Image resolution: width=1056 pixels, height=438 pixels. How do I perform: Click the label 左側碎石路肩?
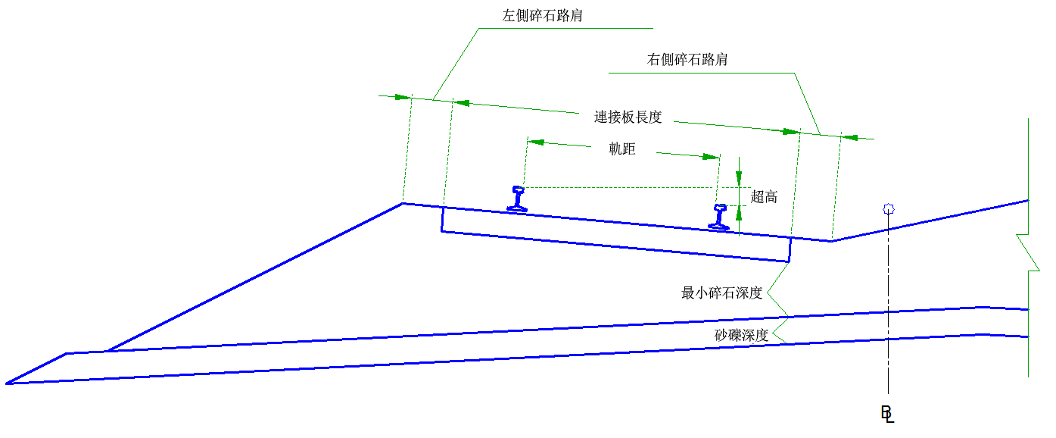(x=542, y=16)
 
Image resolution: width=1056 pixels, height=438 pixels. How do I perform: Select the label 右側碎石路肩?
(x=687, y=59)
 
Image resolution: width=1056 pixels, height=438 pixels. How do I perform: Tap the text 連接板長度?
(x=628, y=117)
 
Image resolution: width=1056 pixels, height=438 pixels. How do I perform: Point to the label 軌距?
(x=622, y=149)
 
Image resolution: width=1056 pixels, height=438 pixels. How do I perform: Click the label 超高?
(x=764, y=197)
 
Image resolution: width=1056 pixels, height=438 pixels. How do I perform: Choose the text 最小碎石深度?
(x=721, y=293)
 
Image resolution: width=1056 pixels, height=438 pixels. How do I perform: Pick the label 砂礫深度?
(x=742, y=336)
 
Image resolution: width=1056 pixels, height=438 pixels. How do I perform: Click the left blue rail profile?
(x=517, y=199)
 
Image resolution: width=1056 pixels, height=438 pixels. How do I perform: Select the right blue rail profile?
(x=719, y=217)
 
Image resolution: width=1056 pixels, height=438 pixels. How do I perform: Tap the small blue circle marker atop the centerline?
(x=889, y=208)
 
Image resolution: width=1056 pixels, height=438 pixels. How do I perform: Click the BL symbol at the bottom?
(x=887, y=414)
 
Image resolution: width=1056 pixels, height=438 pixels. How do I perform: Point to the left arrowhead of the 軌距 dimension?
(x=535, y=142)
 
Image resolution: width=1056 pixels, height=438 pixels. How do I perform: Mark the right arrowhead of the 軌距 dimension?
(x=711, y=157)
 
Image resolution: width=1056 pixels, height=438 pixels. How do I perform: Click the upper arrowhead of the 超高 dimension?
(x=739, y=178)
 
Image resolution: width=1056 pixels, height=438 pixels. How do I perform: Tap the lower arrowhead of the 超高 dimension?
(x=739, y=214)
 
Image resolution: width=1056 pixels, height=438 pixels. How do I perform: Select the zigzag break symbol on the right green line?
(x=1028, y=252)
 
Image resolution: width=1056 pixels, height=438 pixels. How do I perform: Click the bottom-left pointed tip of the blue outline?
(x=7, y=383)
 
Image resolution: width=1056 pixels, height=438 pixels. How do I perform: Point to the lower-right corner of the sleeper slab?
(x=790, y=261)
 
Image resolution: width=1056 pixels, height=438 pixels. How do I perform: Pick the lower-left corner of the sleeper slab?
(x=442, y=231)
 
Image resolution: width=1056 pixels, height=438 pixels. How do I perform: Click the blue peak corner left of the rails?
(x=403, y=203)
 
